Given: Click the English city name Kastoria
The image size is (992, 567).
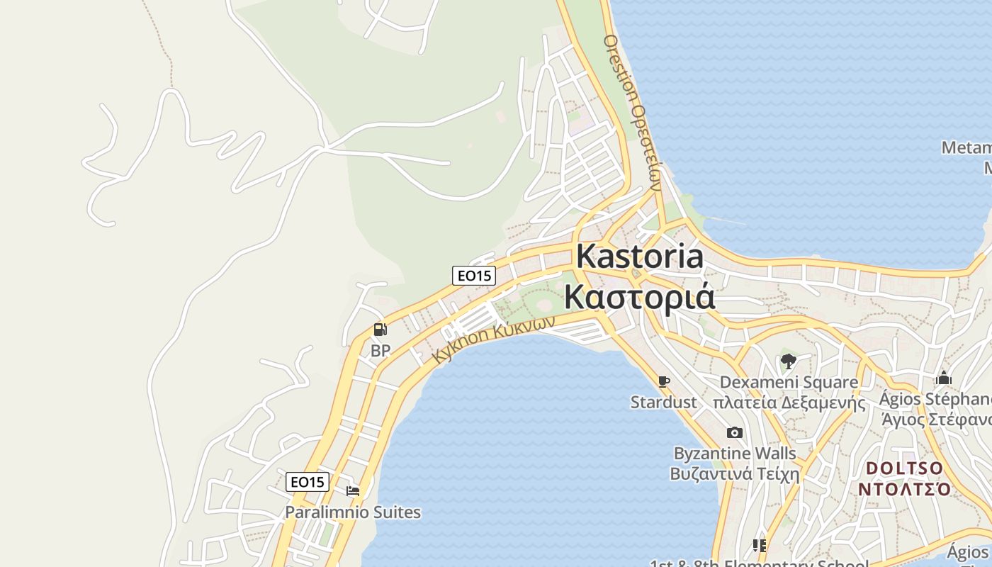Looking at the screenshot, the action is coord(640,256).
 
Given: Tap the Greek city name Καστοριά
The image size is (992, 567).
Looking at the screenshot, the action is coord(639,297).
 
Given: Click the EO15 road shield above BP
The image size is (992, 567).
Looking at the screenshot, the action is coord(474,276).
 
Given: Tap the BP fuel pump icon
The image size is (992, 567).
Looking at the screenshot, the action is coord(381,330).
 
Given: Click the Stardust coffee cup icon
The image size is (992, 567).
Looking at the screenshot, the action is coord(663,382).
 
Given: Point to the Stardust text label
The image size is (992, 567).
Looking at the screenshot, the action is coord(664,403).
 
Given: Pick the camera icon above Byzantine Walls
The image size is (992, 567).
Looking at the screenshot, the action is coord(735,432).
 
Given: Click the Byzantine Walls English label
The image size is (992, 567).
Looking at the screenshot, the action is coord(735,453).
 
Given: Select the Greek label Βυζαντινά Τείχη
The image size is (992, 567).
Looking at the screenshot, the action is coord(735,473).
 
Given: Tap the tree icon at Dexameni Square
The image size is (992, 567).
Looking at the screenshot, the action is coord(788,361).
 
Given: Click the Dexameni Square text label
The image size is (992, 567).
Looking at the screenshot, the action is coord(789,382).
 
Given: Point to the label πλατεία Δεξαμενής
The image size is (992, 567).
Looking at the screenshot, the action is coord(789,403).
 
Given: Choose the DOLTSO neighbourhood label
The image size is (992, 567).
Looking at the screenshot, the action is coord(905,468).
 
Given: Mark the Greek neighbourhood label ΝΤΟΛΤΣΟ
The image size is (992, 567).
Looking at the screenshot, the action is coord(905,489).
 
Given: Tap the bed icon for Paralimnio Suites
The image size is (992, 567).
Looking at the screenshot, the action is coord(353,490).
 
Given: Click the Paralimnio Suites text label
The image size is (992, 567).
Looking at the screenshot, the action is coord(353,512).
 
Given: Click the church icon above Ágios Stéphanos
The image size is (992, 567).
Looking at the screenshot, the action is coord(943,378).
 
